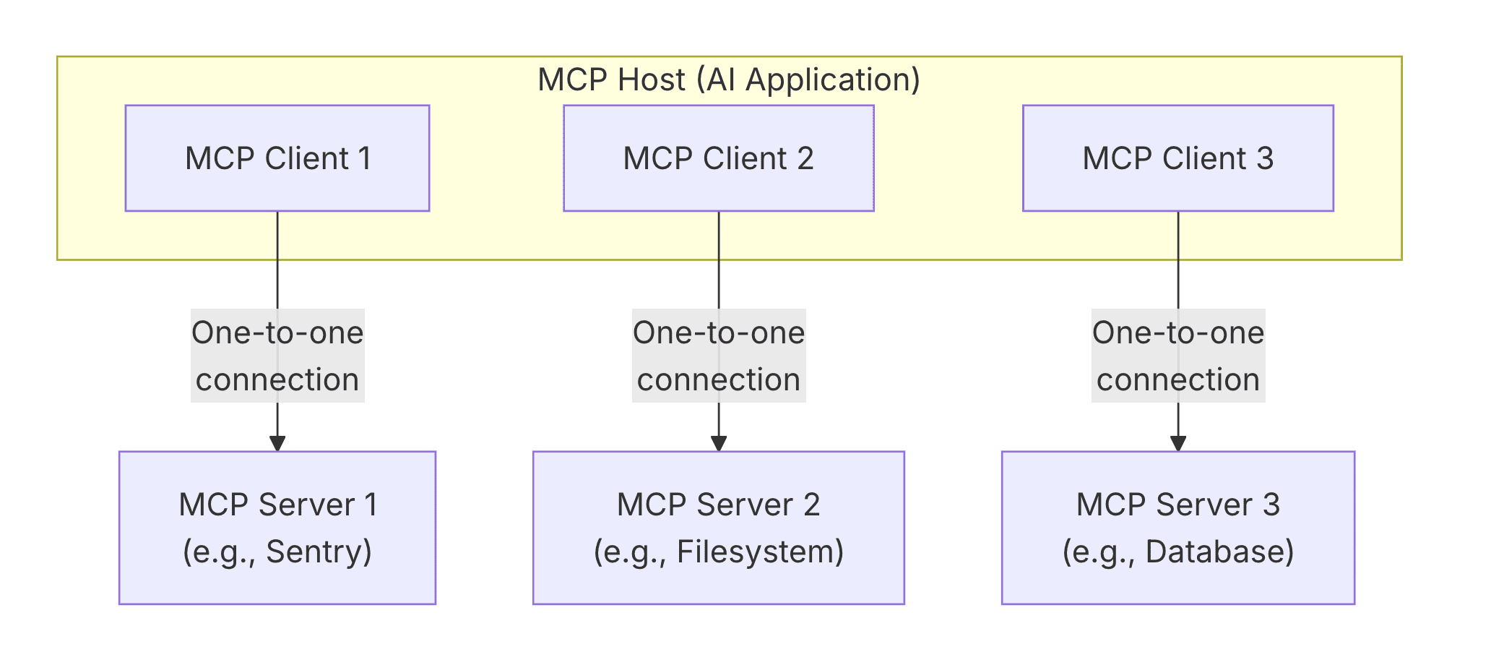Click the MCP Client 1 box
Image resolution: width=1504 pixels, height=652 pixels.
(x=277, y=158)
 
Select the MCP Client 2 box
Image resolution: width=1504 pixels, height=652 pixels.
(x=718, y=158)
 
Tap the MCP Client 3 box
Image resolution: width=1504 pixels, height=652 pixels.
(x=1177, y=158)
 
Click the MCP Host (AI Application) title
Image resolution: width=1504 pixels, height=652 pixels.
(x=729, y=80)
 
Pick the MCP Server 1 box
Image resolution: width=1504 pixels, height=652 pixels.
(x=277, y=528)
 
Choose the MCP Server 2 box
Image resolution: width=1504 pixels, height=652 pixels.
(x=718, y=528)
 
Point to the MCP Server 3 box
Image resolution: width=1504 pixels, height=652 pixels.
(x=1177, y=528)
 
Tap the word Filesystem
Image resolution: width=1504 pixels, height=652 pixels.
(x=754, y=552)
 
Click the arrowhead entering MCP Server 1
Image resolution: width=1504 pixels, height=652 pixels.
(x=277, y=443)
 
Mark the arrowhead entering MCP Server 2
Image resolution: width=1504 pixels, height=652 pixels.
(x=718, y=443)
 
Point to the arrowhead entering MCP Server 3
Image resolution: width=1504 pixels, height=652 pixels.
(x=1178, y=443)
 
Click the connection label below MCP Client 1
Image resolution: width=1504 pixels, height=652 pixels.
(x=277, y=356)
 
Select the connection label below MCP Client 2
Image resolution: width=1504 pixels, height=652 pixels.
(x=718, y=356)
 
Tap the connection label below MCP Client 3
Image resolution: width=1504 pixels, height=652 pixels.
(x=1178, y=356)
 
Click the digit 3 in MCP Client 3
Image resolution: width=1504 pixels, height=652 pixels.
(x=1264, y=158)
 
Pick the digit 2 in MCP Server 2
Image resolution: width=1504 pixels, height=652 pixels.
(x=811, y=505)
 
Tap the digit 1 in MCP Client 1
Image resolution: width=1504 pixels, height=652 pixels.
(x=365, y=158)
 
